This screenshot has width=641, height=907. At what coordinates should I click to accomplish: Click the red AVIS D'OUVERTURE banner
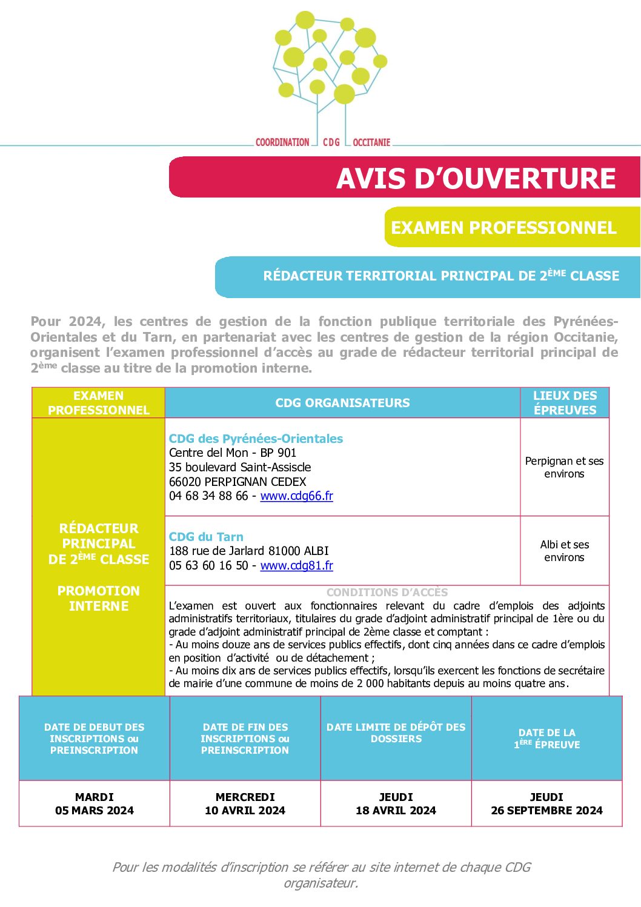[404, 178]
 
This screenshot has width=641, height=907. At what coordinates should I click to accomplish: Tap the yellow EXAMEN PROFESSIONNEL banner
[511, 227]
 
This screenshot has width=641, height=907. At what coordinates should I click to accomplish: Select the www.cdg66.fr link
[296, 496]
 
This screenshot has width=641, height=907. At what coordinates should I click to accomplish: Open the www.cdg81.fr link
[296, 565]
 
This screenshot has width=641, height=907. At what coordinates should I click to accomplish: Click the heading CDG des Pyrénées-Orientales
[256, 439]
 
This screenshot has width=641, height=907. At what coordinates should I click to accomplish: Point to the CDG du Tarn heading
[206, 537]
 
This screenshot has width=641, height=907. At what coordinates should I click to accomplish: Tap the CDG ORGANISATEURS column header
[342, 403]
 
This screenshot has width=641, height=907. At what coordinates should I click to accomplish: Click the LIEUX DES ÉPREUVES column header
[565, 403]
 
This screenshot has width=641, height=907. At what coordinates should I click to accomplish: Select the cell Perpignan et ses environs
[564, 467]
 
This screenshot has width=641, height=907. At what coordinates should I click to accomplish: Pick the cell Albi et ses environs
[564, 551]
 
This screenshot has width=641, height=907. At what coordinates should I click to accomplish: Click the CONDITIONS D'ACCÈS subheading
[387, 593]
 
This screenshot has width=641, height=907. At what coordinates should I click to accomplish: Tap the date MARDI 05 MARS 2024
[95, 803]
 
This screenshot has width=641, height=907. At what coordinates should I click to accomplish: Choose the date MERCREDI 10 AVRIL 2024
[245, 803]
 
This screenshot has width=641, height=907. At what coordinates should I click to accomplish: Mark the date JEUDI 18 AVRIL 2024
[396, 803]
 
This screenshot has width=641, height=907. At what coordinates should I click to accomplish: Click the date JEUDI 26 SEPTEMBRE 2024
[546, 803]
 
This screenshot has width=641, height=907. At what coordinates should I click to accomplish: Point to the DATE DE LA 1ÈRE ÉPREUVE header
[546, 739]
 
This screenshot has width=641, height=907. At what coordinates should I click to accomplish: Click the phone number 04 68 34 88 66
[208, 496]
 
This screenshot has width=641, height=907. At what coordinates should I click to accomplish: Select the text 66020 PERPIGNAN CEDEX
[237, 482]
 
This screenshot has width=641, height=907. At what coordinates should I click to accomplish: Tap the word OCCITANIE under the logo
[371, 142]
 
